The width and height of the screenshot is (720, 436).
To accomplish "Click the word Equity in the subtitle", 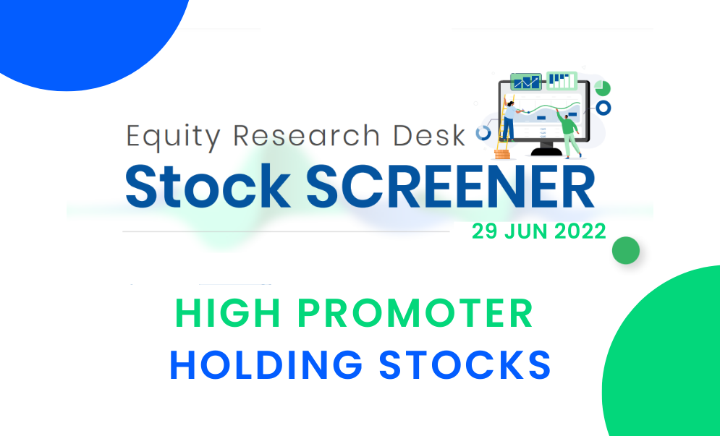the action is [174, 137].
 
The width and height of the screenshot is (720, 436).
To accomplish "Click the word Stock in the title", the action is [208, 187].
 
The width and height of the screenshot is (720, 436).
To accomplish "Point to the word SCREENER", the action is [450, 187].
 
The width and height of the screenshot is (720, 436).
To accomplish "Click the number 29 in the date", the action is [484, 231].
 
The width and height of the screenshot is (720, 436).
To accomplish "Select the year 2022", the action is [580, 231].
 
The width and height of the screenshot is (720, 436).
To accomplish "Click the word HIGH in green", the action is [228, 313].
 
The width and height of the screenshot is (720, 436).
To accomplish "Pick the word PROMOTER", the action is [415, 313].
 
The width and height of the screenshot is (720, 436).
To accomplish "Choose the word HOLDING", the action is [266, 365].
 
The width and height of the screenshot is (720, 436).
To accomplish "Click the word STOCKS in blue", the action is [465, 365].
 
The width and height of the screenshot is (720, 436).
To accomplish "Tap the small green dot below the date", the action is [626, 251].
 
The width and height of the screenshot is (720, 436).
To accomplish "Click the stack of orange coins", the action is [502, 154].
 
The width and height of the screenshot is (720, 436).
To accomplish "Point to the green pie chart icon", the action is [602, 88].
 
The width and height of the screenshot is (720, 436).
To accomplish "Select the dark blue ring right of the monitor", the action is [603, 108].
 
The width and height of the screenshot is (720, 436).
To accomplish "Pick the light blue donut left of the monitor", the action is [483, 133].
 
